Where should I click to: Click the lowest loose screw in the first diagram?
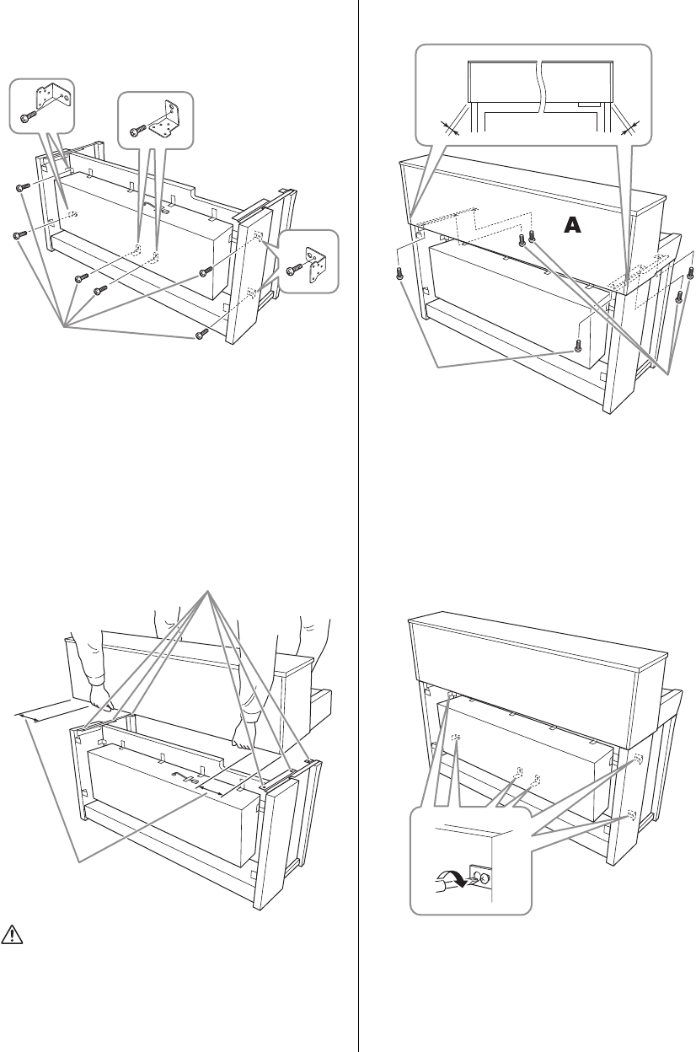[201, 335]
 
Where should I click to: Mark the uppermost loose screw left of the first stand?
[23, 188]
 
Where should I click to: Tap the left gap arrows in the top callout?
[454, 129]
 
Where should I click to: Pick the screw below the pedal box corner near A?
[577, 344]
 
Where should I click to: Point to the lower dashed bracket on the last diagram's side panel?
[631, 817]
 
